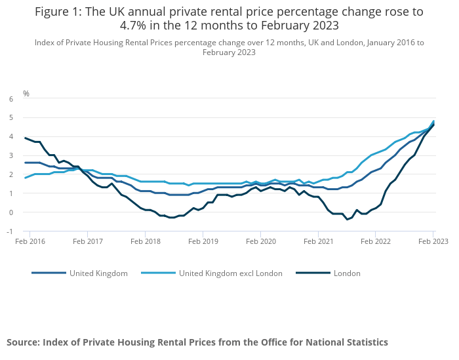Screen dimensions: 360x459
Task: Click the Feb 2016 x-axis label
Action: click(x=30, y=241)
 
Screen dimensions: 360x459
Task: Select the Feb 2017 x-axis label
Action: click(x=88, y=241)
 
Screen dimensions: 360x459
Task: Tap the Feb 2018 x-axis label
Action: click(x=146, y=241)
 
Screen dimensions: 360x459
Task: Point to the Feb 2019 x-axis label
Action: click(x=203, y=241)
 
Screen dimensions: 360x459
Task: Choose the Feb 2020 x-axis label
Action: click(x=260, y=241)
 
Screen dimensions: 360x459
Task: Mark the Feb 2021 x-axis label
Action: click(x=318, y=241)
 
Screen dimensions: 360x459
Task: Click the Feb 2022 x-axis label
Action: click(x=375, y=241)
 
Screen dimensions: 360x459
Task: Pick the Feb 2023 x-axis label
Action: click(x=432, y=241)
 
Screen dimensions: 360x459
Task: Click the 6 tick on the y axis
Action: click(x=11, y=99)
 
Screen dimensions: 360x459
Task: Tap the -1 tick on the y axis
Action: click(x=10, y=231)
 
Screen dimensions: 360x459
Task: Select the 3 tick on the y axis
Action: click(x=11, y=156)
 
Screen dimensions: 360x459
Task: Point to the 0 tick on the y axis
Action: click(x=11, y=212)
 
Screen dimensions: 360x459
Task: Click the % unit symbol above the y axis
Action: click(x=26, y=94)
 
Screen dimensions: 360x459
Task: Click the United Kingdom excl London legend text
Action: click(x=230, y=273)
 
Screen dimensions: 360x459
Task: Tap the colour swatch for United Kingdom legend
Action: click(x=49, y=273)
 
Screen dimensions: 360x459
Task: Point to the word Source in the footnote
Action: click(x=24, y=342)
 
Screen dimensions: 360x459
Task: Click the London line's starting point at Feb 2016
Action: click(x=25, y=138)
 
